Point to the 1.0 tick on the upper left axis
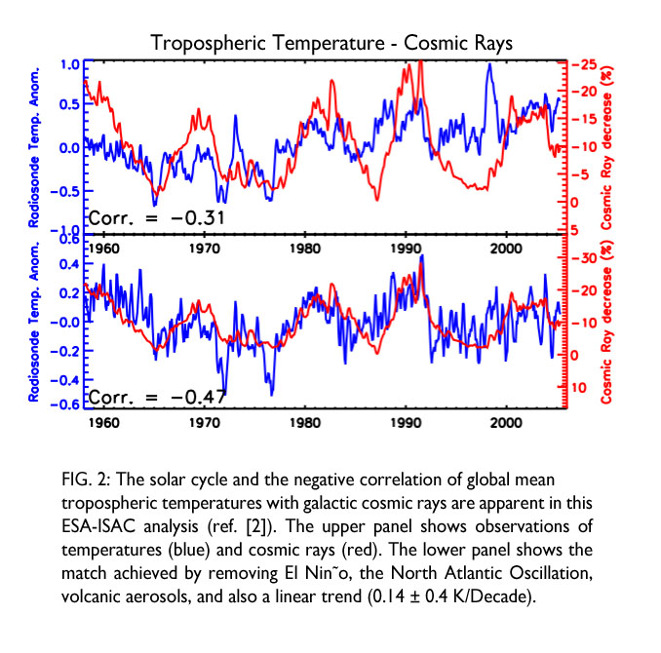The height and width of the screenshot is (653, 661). point(68,64)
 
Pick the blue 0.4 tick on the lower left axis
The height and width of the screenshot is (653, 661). point(68,264)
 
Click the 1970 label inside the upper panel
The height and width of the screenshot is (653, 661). point(204,248)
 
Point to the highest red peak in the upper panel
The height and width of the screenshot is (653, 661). point(419,62)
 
